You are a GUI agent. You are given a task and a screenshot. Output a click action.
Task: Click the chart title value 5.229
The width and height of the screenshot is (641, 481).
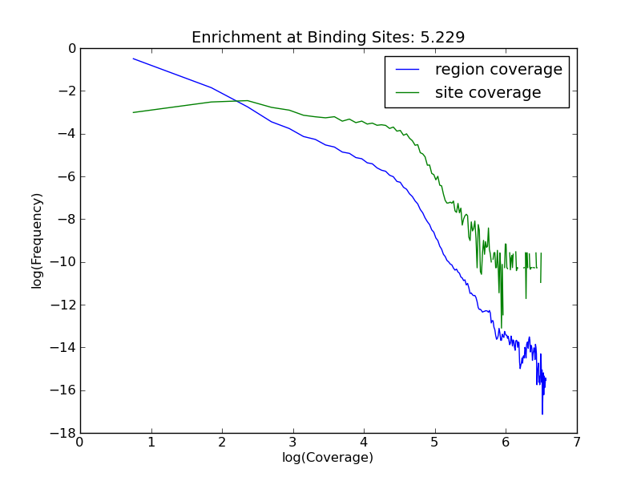point(442,38)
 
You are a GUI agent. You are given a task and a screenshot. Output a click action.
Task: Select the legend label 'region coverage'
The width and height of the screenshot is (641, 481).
point(498,70)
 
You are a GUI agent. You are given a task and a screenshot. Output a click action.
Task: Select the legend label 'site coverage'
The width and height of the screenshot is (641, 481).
point(488,93)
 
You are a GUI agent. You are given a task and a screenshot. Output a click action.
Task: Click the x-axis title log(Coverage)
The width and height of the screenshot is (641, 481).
point(328,458)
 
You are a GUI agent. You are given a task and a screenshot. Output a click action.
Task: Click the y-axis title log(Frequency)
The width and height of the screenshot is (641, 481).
point(37,240)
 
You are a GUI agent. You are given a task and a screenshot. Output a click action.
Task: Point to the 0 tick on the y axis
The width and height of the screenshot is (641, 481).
point(71,48)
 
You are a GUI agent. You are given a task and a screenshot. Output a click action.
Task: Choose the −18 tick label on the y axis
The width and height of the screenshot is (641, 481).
point(66,433)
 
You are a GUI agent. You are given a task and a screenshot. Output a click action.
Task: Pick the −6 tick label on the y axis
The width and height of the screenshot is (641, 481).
point(68,176)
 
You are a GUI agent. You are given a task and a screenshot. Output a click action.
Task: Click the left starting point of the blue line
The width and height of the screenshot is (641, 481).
point(133,59)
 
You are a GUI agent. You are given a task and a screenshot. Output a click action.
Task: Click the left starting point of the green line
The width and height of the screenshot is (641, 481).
point(133,112)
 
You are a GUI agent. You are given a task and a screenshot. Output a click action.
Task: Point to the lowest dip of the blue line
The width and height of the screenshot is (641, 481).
point(542,414)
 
